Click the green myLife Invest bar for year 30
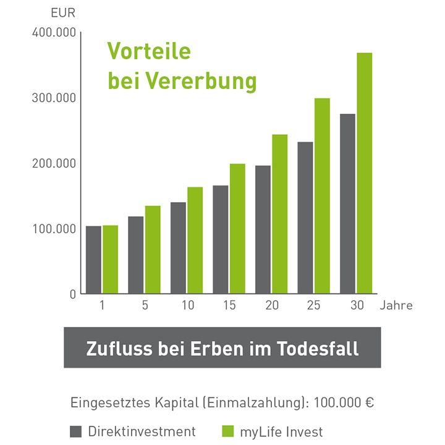coord(365,173)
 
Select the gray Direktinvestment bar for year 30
coord(347,204)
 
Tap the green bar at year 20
coord(279,214)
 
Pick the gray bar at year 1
coord(93,260)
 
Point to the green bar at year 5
coord(153,250)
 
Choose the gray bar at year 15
coord(221,239)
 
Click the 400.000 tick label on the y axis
coord(53,32)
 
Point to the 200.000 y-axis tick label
coord(53,163)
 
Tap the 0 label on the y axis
coord(73,294)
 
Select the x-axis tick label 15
coord(229,305)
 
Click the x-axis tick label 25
coord(313,305)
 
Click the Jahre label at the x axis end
coord(396,305)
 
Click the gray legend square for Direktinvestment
coord(76,431)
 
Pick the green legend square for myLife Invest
coord(226,431)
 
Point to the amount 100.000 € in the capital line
coord(344,402)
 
